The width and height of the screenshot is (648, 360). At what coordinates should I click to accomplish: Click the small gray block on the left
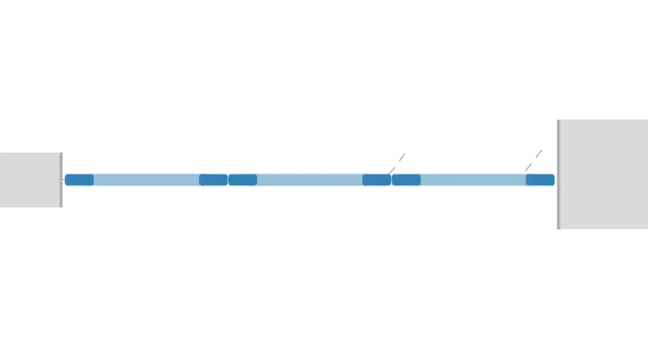(x=30, y=179)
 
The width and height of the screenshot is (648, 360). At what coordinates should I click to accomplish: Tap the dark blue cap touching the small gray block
(x=79, y=180)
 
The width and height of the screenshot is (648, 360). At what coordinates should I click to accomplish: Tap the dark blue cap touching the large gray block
(x=540, y=180)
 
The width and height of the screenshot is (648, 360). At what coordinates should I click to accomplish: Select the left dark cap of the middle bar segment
(x=243, y=180)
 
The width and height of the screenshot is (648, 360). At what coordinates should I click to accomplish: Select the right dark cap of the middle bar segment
(x=376, y=180)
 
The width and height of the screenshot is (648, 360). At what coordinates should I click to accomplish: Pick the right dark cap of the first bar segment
(x=213, y=180)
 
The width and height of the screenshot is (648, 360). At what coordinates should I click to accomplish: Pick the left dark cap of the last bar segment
(x=406, y=180)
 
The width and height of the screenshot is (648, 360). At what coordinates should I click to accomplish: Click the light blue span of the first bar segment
(x=146, y=180)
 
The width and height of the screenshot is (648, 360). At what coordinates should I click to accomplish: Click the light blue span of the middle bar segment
(x=310, y=180)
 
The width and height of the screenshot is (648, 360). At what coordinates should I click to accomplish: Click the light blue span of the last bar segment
(x=473, y=180)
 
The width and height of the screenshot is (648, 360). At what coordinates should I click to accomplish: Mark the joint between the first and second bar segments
(x=228, y=180)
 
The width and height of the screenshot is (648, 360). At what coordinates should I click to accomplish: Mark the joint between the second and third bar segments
(x=391, y=180)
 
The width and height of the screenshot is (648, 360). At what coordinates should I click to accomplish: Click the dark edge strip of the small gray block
(x=61, y=179)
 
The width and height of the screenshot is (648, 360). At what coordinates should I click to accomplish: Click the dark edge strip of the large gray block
(x=557, y=174)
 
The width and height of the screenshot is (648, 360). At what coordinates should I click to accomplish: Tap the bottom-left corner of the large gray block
(x=557, y=229)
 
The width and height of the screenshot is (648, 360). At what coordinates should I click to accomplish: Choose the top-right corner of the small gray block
(x=62, y=152)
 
